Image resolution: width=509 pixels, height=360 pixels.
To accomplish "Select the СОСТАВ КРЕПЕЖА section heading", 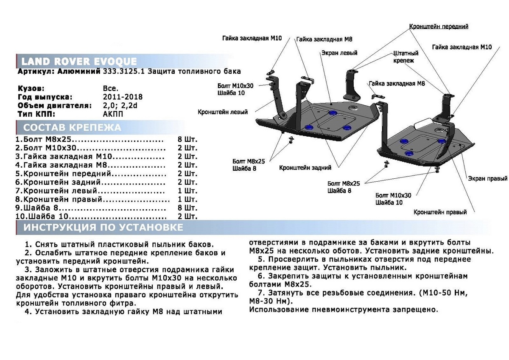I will click(72, 128).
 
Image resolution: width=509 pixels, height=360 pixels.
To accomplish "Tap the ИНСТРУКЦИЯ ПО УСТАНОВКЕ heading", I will click(103, 228).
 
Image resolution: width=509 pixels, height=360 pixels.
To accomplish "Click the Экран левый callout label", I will click(339, 53).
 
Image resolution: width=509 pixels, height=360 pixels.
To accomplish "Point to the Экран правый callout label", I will click(488, 179).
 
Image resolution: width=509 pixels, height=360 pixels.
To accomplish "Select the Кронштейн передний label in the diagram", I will click(439, 26).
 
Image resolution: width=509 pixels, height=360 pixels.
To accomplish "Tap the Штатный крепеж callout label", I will click(406, 57).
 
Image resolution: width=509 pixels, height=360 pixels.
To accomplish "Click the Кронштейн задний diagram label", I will click(305, 168).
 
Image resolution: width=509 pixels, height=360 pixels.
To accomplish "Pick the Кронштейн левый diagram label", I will click(223, 112).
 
